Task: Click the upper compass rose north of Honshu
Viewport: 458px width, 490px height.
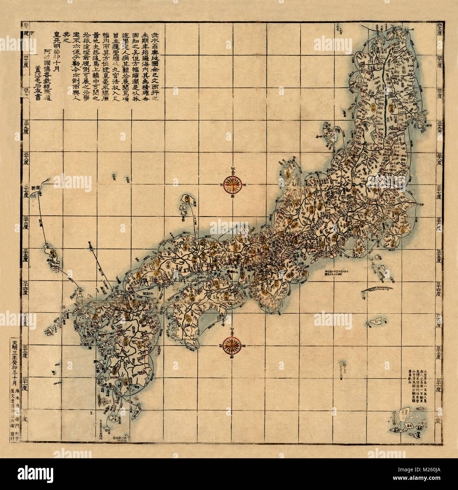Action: (x=231, y=183)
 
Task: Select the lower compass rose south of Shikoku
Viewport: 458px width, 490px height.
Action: (x=231, y=344)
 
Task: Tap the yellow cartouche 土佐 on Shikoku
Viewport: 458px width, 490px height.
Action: (x=188, y=318)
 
